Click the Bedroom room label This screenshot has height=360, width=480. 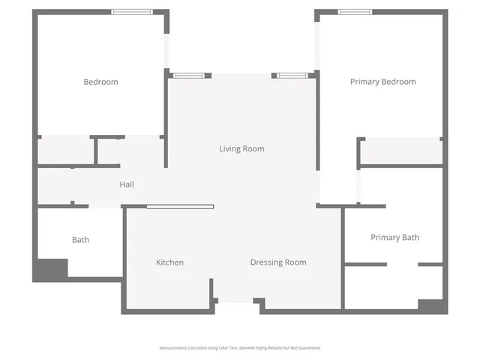pos(100,82)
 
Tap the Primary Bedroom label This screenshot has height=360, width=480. pos(382,82)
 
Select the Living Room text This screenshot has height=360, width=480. pos(241,148)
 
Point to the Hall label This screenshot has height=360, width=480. pos(127,184)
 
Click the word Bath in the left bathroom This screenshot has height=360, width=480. pos(80,240)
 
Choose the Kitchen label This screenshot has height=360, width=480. pos(169,262)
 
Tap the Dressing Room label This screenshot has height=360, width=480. pos(277,262)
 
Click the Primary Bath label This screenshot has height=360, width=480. pos(394,238)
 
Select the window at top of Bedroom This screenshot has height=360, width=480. pos(133,11)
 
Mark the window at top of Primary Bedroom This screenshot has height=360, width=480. pos(355,11)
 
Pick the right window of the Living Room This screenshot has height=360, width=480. pos(293,75)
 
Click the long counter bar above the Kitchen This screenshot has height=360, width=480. pos(180,206)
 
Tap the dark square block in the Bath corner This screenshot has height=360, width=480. pos(50,270)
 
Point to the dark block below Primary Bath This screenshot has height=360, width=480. pos(432,306)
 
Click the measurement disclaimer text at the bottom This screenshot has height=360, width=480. pos(240,348)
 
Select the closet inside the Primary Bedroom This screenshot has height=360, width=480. pos(401,151)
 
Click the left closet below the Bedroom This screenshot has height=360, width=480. pos(66,151)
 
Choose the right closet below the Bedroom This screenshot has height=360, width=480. pos(130,152)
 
